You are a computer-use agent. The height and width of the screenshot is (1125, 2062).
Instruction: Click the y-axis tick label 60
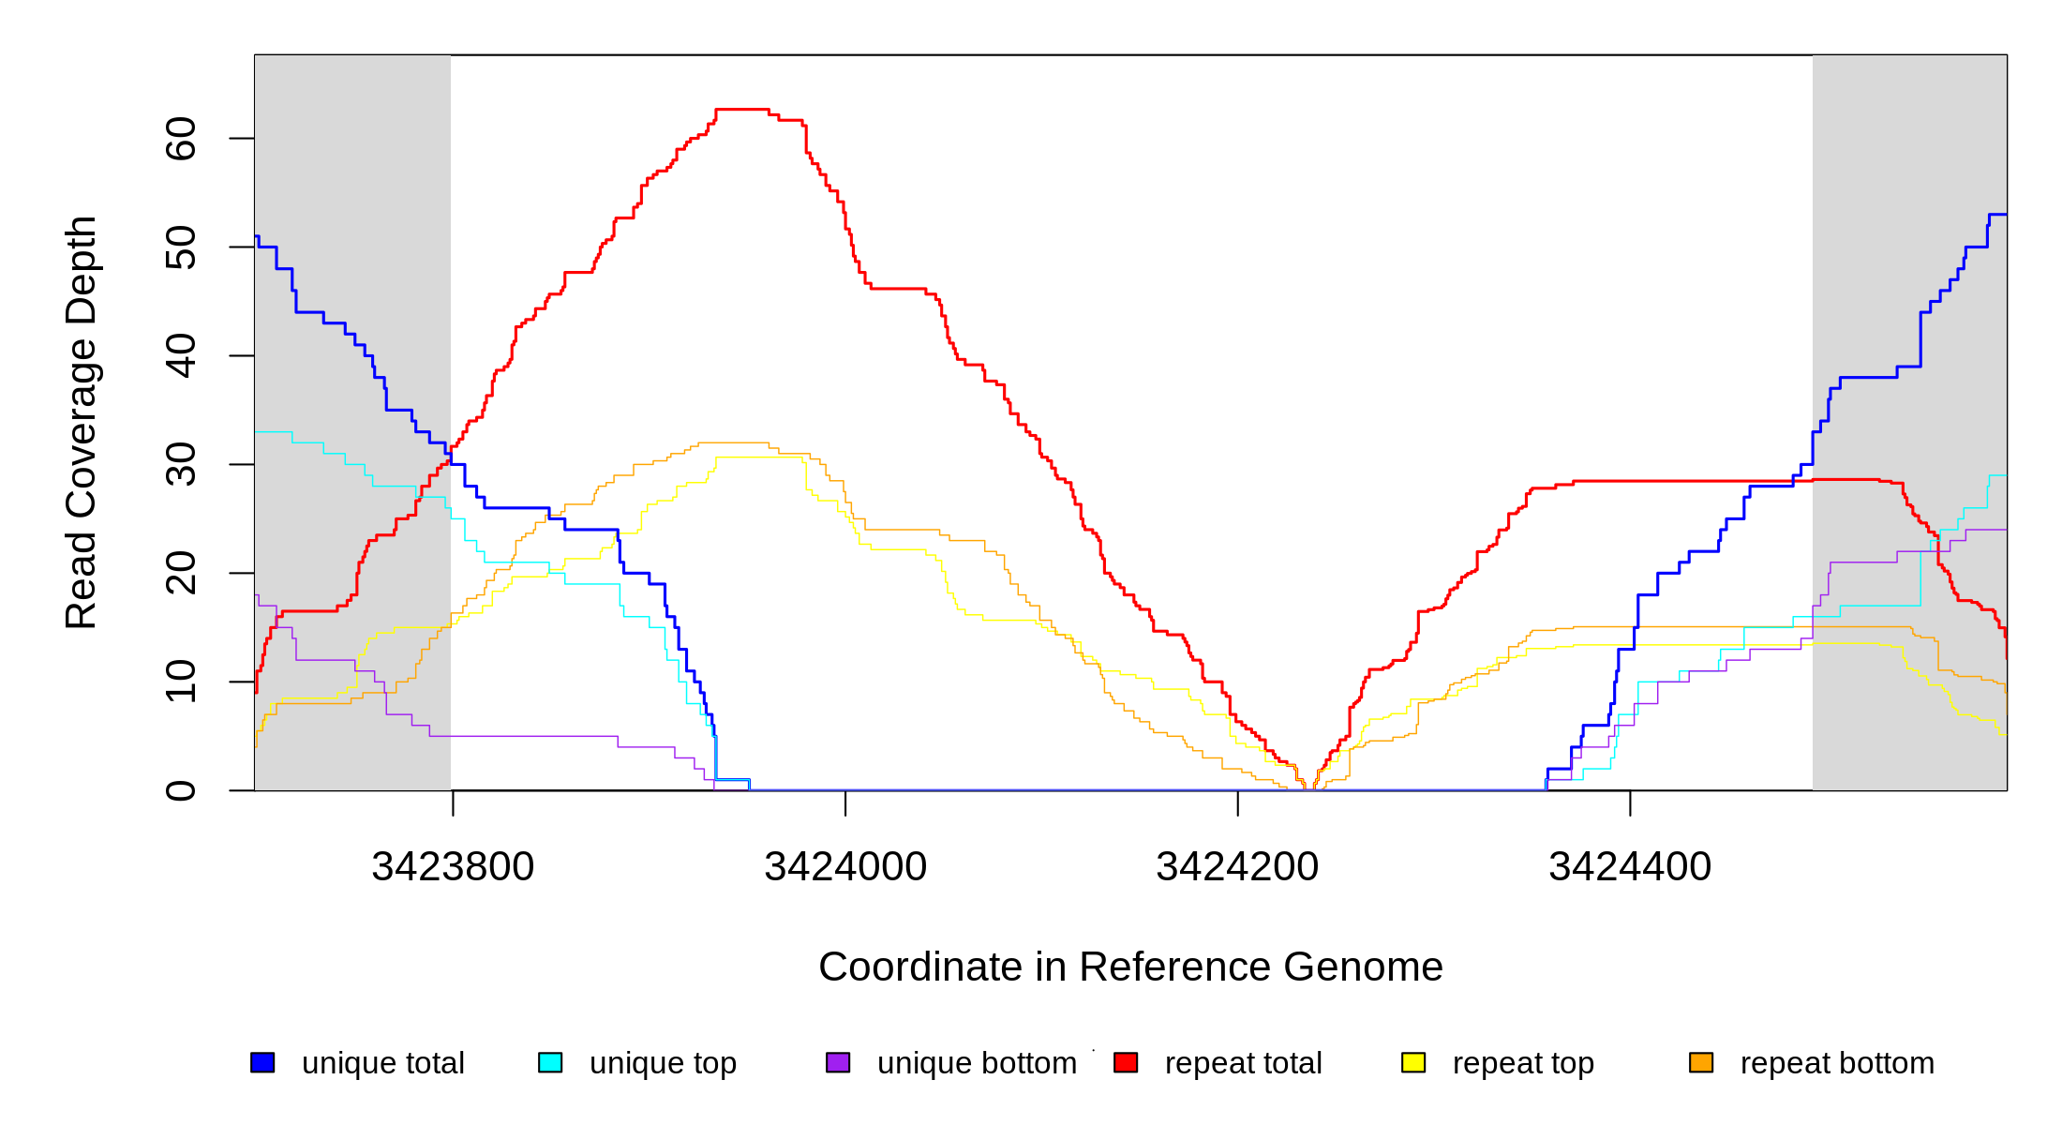180,139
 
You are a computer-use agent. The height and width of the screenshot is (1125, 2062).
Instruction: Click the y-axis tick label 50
180,247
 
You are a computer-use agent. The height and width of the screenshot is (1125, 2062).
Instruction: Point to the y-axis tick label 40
180,356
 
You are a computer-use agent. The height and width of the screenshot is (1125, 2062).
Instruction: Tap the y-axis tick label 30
180,465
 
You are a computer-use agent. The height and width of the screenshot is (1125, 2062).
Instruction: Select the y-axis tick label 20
180,574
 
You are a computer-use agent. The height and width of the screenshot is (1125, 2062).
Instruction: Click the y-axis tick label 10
180,682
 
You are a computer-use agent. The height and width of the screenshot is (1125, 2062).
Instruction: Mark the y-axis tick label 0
180,790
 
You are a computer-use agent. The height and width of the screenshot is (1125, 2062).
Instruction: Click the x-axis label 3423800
453,867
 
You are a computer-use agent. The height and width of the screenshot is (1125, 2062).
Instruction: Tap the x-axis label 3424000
845,867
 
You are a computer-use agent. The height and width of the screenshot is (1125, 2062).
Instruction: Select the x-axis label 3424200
1237,867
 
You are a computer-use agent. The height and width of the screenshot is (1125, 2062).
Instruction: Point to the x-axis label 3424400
1630,867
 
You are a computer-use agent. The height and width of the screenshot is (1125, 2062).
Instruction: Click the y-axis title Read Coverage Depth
81,422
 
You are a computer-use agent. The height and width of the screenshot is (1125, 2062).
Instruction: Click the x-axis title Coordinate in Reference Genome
1130,967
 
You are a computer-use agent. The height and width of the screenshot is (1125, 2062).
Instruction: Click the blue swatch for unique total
262,1062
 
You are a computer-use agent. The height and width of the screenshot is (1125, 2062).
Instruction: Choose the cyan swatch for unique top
550,1062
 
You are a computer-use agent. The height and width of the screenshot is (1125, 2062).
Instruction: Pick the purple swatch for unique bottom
838,1062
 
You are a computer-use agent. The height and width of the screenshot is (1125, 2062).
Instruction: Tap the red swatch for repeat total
1126,1062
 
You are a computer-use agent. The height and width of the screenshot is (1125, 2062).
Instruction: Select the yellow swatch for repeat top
1413,1062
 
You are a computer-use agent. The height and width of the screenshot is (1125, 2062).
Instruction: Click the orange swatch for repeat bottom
1701,1062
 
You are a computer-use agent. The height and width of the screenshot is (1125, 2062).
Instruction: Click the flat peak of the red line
742,110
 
